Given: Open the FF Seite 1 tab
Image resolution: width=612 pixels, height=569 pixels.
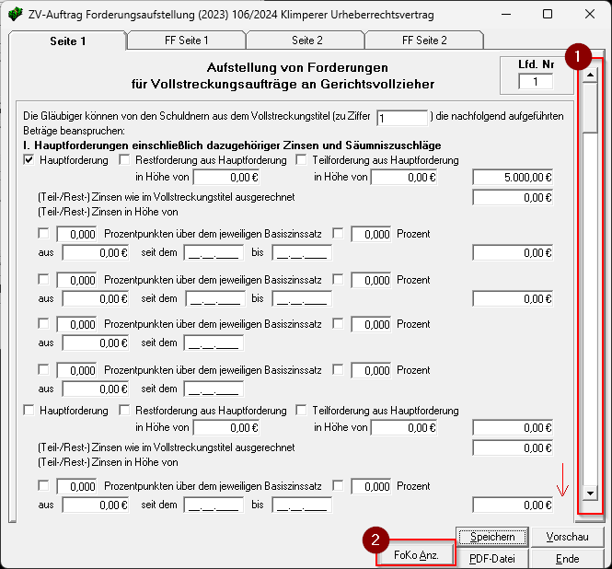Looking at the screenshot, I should click(188, 41).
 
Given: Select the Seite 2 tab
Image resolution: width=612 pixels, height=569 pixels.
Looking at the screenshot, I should click(306, 41).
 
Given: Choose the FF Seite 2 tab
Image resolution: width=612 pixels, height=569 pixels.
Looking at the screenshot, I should click(424, 41).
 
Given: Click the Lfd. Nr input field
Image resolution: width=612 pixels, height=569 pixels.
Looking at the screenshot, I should click(536, 82).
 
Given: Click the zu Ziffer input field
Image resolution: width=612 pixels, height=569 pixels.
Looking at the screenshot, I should click(402, 118).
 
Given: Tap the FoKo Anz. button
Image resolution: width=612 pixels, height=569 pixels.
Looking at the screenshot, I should click(416, 556).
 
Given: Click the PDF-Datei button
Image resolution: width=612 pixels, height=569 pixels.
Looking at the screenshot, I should click(493, 558).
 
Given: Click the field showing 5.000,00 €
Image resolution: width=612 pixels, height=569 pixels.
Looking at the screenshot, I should click(513, 178).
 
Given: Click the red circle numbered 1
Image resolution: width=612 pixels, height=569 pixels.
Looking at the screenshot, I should click(577, 55).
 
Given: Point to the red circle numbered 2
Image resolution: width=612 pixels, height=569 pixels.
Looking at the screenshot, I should click(375, 540).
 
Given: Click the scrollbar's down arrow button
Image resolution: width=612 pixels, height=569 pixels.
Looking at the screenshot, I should click(590, 494).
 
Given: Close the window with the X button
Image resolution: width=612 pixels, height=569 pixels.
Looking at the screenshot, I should click(590, 14).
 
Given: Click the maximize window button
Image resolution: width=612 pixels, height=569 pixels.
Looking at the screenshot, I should click(548, 14).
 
